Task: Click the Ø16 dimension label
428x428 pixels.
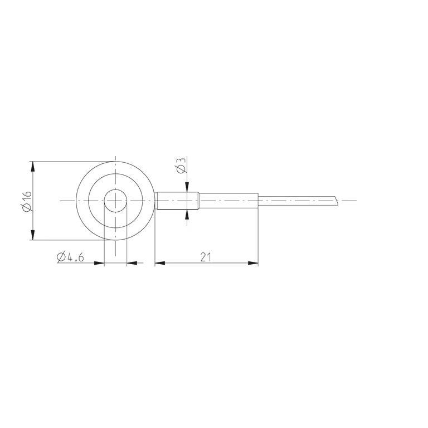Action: pyautogui.click(x=27, y=201)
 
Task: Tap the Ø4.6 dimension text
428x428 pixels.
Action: pyautogui.click(x=70, y=257)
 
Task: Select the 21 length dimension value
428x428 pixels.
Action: pyautogui.click(x=206, y=257)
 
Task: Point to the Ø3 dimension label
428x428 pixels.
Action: pyautogui.click(x=181, y=165)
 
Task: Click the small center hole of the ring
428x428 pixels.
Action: pyautogui.click(x=115, y=201)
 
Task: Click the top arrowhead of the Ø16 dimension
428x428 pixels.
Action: pyautogui.click(x=33, y=166)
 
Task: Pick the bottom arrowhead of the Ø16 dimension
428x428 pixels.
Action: pyautogui.click(x=33, y=235)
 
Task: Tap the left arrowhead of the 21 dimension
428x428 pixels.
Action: pyautogui.click(x=160, y=263)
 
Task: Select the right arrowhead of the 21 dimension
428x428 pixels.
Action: pyautogui.click(x=253, y=263)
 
